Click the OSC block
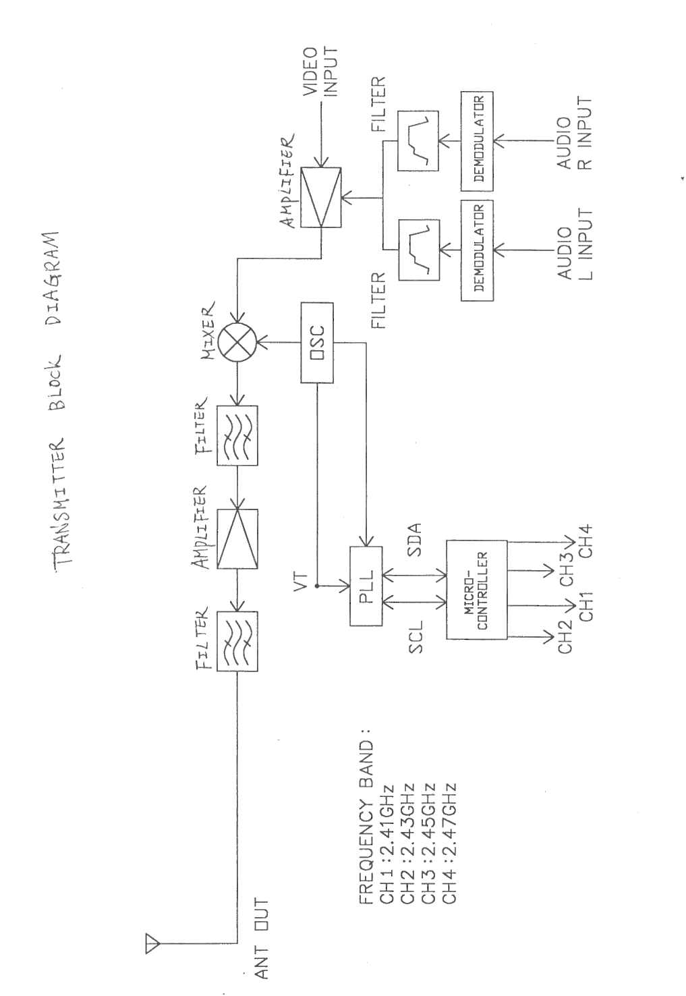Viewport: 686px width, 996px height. [x=316, y=343]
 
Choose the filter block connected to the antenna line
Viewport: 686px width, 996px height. [x=237, y=642]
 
